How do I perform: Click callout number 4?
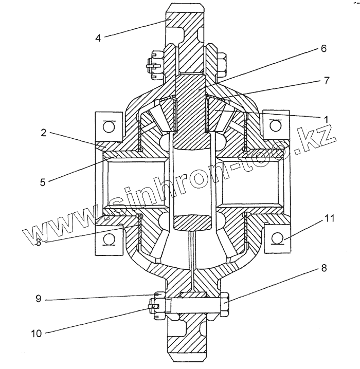98,38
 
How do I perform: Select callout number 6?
323,48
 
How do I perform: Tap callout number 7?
327,81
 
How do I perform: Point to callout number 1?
326,120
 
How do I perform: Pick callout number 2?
44,133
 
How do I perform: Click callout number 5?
43,182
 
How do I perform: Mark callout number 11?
330,218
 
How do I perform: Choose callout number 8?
324,268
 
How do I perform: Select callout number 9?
39,299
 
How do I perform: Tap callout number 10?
37,334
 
